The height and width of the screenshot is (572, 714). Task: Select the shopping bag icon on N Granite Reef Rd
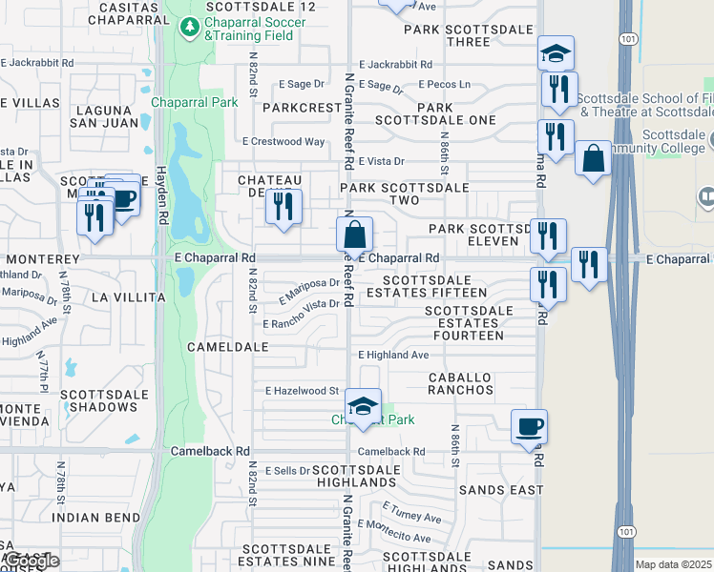354,235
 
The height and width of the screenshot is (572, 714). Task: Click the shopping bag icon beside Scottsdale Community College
593,157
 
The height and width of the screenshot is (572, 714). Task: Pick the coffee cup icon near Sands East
529,426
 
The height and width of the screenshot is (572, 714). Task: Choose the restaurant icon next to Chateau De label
283,207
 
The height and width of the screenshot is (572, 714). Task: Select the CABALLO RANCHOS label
460,383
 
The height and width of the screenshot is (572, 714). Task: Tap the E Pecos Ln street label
444,84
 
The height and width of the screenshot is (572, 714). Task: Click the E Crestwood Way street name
283,141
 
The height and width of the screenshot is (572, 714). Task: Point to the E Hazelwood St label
303,391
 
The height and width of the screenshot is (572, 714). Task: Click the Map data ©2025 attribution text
673,564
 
